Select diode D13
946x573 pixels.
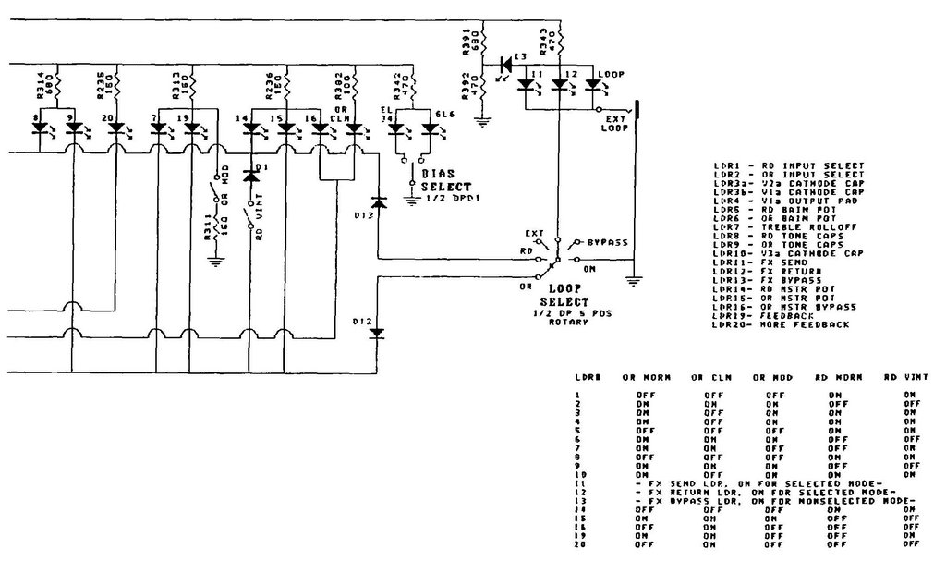point(377,201)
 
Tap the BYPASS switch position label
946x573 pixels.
point(605,242)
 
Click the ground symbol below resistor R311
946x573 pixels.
point(215,262)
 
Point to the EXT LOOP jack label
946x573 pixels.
point(613,123)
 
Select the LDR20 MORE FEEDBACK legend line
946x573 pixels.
point(782,324)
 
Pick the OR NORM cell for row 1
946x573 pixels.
point(645,394)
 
